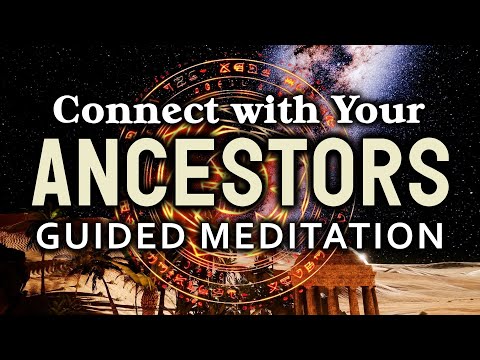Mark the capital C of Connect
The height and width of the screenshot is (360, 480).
click(69, 109)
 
